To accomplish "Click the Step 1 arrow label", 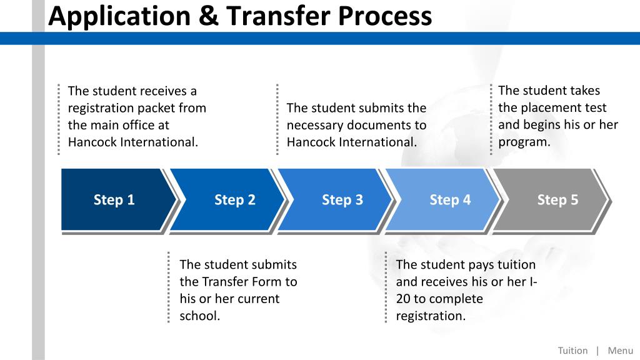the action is (x=114, y=200).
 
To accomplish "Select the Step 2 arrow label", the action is (x=234, y=200).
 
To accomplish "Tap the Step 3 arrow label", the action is (x=342, y=200).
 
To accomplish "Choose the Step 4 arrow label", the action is (x=450, y=200).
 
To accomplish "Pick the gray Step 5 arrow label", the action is (x=557, y=200).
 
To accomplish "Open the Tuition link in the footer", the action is (x=572, y=351).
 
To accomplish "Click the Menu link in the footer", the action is (x=620, y=351).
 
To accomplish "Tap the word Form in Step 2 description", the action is (x=254, y=282).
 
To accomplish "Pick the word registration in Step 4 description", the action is (x=430, y=316).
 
